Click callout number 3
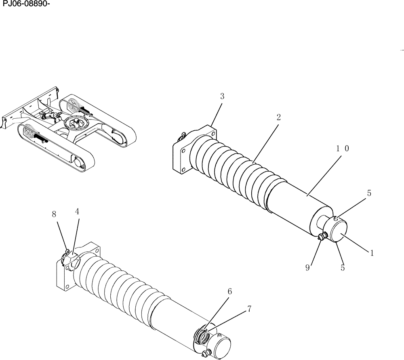coord(222,96)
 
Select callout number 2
coord(279,117)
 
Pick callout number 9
coord(307,267)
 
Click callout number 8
coord(54,214)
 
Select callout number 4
coord(77,211)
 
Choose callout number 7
coord(249,309)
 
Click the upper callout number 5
coord(369,193)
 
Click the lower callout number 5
coord(343,267)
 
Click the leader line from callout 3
coord(217,113)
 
